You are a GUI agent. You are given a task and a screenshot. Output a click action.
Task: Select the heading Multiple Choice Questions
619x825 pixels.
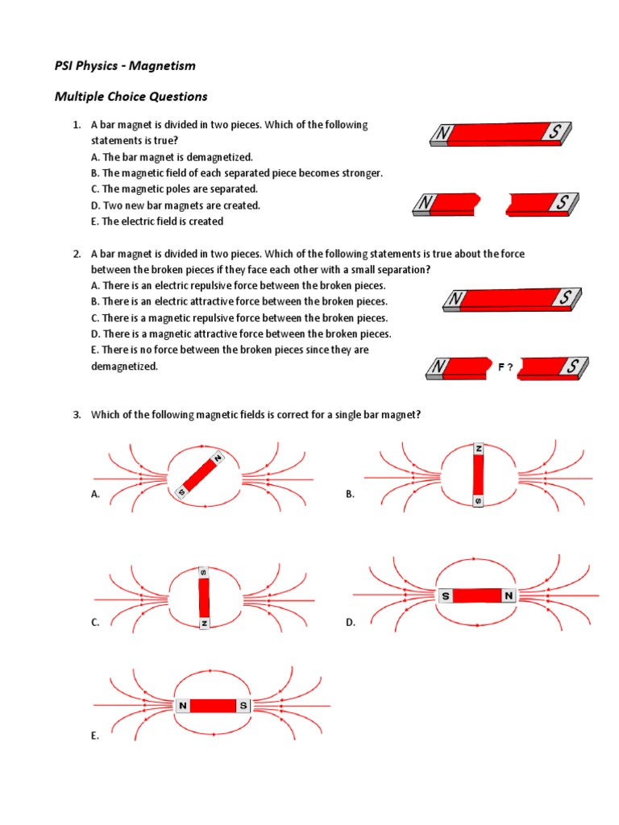click(131, 97)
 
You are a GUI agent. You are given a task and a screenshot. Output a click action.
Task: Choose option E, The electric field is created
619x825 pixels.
click(157, 222)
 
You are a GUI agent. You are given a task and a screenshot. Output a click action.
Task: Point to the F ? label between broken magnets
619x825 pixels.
click(505, 367)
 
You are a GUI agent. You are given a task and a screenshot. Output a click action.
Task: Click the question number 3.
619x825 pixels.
click(77, 415)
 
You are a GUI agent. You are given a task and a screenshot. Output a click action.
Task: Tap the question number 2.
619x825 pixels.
click(77, 254)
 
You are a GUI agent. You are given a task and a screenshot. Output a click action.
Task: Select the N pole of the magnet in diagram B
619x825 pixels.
click(479, 448)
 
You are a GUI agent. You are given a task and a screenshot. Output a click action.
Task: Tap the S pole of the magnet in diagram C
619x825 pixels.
click(203, 573)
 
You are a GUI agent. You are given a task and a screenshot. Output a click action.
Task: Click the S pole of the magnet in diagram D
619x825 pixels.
click(445, 596)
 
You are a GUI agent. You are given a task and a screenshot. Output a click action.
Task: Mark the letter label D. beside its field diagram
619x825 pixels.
click(351, 623)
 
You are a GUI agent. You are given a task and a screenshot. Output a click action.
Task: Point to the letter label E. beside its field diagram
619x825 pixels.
click(95, 736)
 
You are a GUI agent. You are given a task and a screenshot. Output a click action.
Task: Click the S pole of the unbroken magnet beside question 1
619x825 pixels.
click(555, 131)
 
